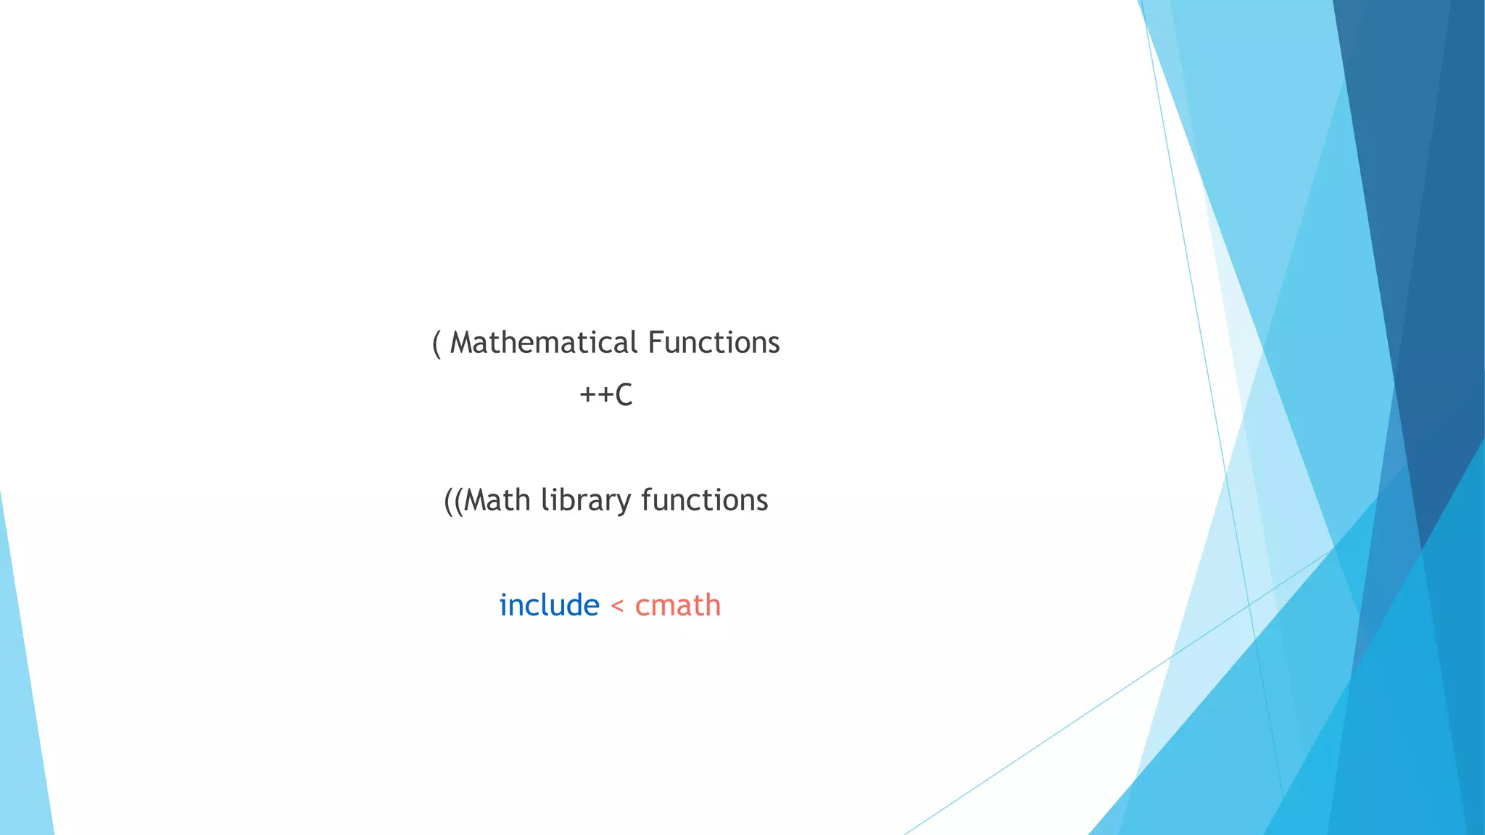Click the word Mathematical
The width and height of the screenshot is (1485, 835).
tap(544, 343)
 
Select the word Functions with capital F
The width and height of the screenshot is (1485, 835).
tap(713, 343)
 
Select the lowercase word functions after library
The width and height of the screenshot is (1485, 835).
tap(704, 501)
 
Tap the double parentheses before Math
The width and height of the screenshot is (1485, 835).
tap(453, 501)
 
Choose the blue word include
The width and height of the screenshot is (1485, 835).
tap(549, 605)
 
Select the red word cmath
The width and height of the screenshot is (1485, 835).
tap(678, 605)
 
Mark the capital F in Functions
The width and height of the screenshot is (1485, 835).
tap(655, 343)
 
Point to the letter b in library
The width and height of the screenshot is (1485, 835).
tap(572, 500)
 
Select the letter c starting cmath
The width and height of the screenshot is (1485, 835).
tap(642, 607)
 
